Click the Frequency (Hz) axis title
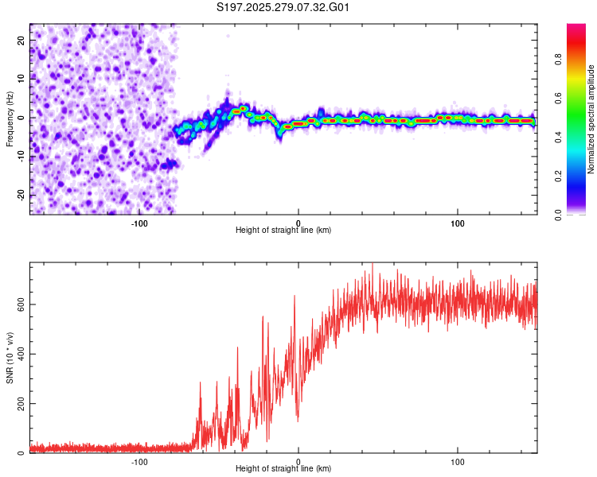click(x=10, y=118)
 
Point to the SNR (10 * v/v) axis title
click(x=10, y=358)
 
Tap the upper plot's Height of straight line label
click(x=283, y=231)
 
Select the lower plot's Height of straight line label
click(x=283, y=469)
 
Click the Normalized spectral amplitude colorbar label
click(x=591, y=119)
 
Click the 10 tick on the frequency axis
click(x=22, y=79)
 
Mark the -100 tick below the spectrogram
click(x=139, y=222)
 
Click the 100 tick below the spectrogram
click(x=458, y=222)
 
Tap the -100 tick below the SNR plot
click(x=139, y=460)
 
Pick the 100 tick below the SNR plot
click(x=458, y=460)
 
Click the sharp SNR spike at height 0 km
click(x=295, y=297)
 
